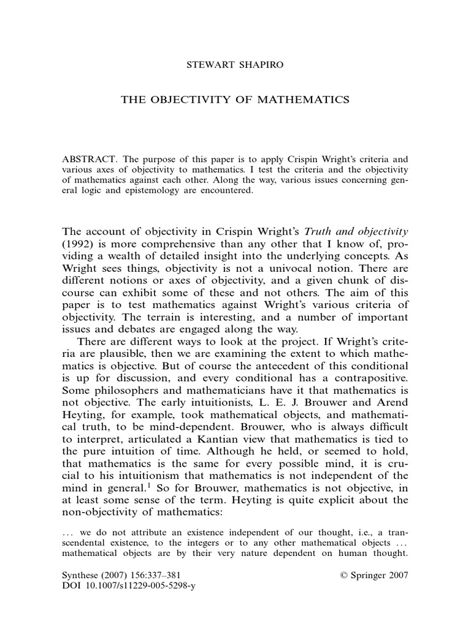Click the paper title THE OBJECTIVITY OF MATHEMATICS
(235, 100)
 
